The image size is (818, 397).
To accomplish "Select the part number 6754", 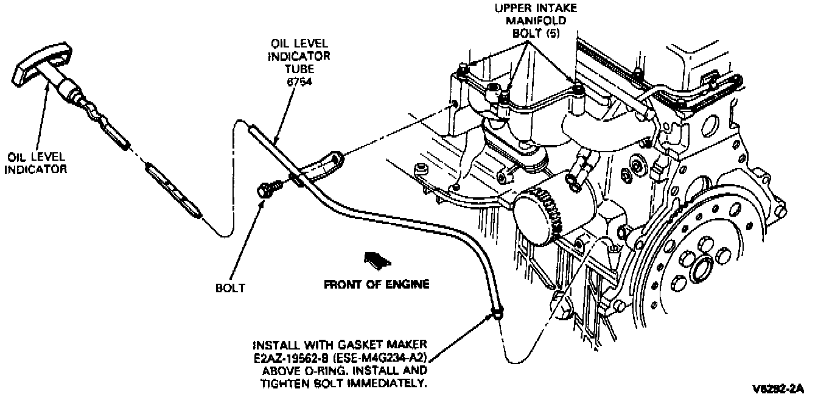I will pos(300,80).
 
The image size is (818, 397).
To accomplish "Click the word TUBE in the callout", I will pos(300,68).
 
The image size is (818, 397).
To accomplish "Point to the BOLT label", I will pos(231,287).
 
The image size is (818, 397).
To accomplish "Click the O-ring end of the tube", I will pos(497,314).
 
